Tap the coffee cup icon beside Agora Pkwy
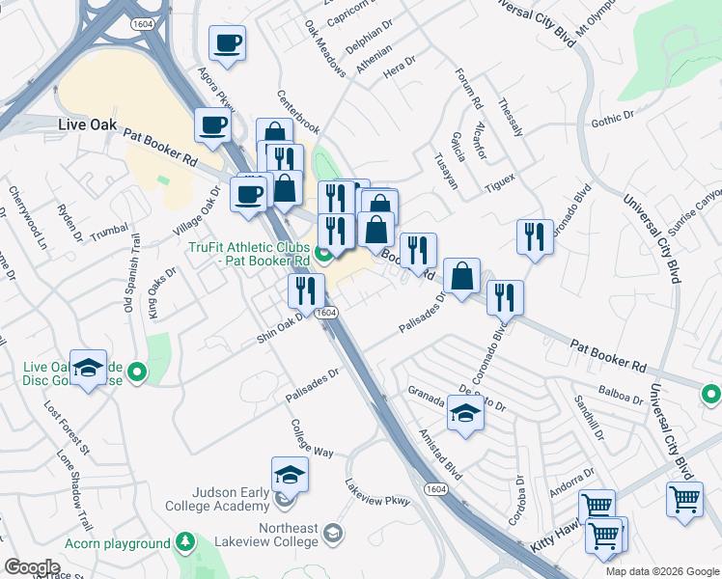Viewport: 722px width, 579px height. [227, 43]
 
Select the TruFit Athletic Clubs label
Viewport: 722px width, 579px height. [249, 253]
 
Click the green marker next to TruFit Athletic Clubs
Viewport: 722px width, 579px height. [325, 255]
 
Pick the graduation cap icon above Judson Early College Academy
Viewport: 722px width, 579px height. [290, 475]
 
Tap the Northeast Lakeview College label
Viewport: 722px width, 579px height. [287, 535]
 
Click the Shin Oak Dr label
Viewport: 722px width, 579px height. [281, 326]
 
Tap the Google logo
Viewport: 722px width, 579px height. [33, 566]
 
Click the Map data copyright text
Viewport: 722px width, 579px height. [661, 571]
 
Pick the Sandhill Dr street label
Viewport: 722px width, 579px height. [588, 417]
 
